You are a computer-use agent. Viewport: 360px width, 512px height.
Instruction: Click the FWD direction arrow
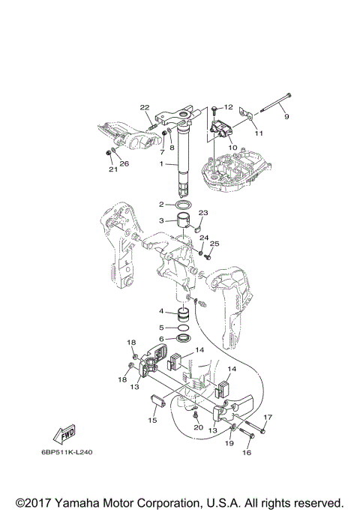tap(64, 435)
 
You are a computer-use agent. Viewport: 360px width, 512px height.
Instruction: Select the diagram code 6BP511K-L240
tap(67, 452)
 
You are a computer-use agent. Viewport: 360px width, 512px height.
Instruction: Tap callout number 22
tap(145, 107)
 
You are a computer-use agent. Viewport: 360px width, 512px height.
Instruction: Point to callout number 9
tap(286, 117)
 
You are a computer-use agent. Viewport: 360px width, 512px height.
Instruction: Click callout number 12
tap(228, 107)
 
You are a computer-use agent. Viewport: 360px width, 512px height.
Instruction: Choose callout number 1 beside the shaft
tap(161, 164)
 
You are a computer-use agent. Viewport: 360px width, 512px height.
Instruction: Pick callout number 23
tap(203, 213)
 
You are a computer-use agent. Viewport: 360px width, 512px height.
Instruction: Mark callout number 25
tap(214, 244)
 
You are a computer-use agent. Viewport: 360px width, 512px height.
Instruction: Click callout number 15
tap(152, 421)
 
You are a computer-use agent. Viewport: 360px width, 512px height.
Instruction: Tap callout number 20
tap(198, 427)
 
